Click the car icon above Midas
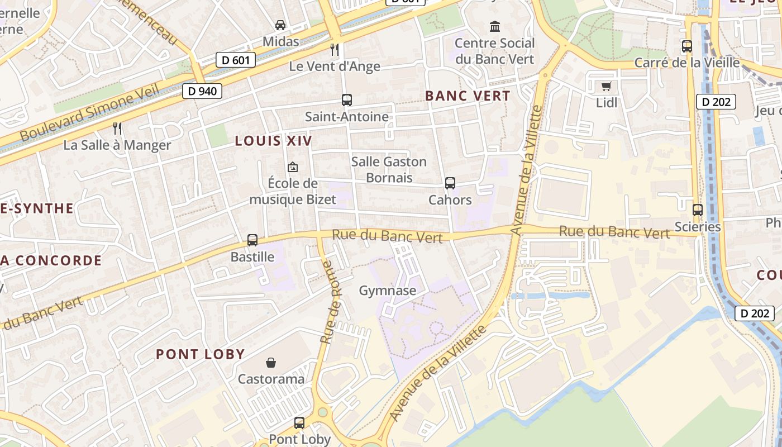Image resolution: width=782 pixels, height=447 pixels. (280, 25)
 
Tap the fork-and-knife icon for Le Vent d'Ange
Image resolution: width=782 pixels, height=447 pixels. (335, 50)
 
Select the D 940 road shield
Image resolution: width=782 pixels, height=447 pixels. (202, 91)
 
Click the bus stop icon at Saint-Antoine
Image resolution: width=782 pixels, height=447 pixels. (347, 100)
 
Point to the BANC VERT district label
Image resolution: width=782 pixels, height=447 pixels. (468, 96)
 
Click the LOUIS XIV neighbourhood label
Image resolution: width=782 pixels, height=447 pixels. (273, 141)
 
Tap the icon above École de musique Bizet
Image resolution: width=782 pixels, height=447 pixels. (292, 167)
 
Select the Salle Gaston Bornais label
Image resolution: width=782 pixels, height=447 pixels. (389, 169)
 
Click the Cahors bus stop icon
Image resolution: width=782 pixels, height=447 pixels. (450, 183)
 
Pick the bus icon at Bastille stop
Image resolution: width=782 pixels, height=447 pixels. (252, 240)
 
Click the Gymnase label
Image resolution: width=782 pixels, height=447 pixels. (388, 291)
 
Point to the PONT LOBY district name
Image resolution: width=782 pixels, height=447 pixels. (200, 354)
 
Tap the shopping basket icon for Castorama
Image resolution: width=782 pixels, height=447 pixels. (271, 363)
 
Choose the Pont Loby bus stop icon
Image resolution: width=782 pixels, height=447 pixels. (299, 423)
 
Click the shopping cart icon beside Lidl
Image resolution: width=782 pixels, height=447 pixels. (606, 86)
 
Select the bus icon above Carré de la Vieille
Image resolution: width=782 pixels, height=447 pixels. (687, 46)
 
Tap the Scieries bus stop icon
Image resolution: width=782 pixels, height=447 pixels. (698, 210)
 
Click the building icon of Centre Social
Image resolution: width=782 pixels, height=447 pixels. (495, 26)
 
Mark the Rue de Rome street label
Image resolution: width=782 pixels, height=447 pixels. (328, 302)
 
